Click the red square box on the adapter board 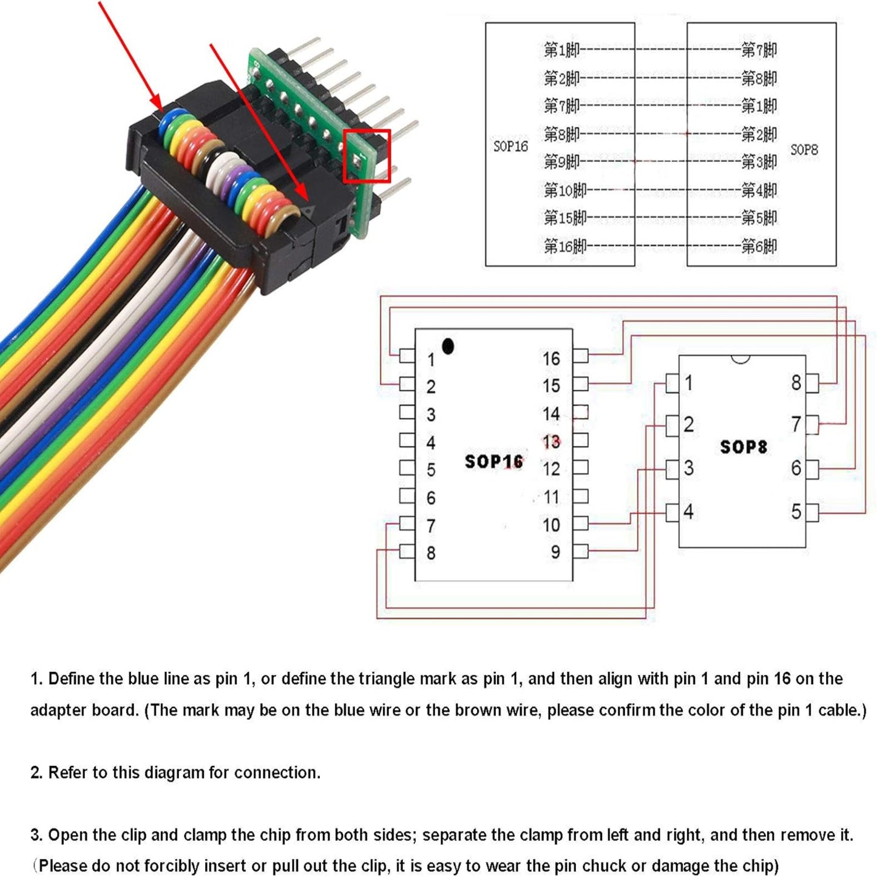[367, 156]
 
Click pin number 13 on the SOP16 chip [551, 441]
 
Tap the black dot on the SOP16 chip [448, 347]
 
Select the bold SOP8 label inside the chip [743, 447]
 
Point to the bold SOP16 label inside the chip [493, 462]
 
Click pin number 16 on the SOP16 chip [551, 359]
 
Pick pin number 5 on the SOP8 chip [796, 512]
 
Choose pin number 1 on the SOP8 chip [688, 383]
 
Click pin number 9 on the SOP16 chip [555, 552]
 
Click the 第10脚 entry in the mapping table [565, 191]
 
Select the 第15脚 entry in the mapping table [565, 218]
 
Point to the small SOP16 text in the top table [510, 146]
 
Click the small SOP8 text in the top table [804, 149]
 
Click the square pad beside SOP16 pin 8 [407, 552]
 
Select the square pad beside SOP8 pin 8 [812, 383]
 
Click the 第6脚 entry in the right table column [759, 246]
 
